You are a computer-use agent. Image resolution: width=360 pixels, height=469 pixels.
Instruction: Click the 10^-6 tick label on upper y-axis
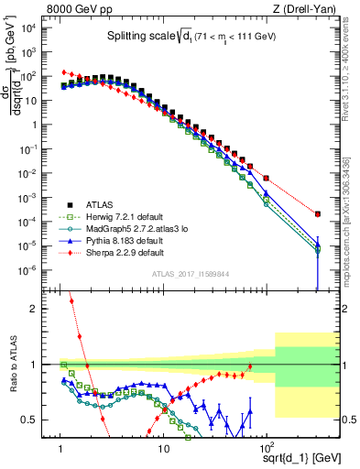point(42,269)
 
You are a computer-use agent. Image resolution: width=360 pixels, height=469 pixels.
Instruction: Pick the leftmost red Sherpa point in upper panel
point(62,71)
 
